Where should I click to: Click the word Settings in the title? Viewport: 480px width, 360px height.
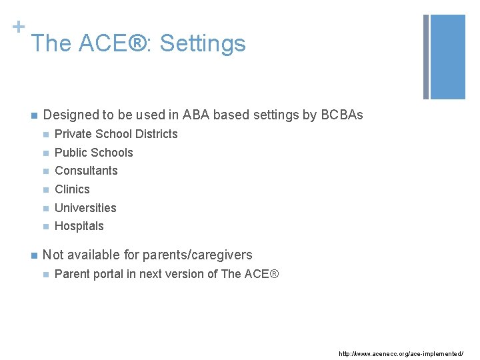pos(203,44)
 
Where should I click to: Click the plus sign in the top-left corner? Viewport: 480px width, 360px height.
pos(18,27)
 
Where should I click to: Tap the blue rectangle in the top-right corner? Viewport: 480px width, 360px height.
pos(448,57)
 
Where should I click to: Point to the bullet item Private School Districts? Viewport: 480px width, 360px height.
pos(116,134)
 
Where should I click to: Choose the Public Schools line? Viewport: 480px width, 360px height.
pos(94,153)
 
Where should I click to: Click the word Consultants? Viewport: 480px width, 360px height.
pos(86,171)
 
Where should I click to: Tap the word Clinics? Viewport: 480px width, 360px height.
pos(72,189)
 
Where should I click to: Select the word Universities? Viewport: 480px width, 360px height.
pos(85,208)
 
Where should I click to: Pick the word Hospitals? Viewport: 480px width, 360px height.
pos(79,226)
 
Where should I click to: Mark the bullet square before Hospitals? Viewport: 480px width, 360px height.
pos(45,227)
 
